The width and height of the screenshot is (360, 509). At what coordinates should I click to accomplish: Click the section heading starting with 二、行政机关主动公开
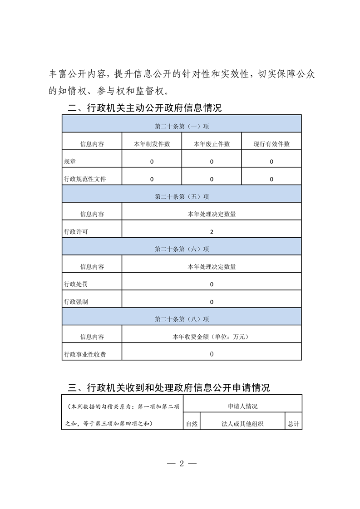point(144,108)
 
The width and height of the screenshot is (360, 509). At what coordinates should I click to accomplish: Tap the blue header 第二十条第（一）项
point(182,126)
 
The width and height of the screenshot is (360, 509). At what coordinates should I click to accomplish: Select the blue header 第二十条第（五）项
point(182,196)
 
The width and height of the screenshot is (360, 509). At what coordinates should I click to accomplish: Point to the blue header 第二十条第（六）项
point(182,249)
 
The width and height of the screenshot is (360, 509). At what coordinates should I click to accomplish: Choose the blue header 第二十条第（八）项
point(182,319)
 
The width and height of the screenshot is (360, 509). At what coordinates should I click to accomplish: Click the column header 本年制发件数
point(152,144)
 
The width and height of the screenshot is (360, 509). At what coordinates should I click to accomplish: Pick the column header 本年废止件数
point(212,144)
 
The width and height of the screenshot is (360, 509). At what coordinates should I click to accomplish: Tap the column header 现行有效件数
point(271,144)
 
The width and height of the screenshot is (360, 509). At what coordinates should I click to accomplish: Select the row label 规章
point(70,162)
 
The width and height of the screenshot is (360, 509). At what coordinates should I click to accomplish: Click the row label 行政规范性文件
point(85,179)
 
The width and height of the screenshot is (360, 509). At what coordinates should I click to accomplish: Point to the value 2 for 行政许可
point(212,232)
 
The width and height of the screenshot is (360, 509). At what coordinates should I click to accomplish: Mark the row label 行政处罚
point(76,284)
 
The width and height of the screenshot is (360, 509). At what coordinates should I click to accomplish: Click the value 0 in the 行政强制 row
point(212,302)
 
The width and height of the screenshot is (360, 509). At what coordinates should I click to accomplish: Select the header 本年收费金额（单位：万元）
point(212,337)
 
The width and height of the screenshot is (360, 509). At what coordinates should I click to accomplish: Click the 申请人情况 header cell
point(242,406)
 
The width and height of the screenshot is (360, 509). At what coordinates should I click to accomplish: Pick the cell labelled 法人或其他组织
point(242,424)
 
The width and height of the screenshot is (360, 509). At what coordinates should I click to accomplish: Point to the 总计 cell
point(293,424)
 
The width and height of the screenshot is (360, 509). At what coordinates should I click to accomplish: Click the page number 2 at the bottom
point(181,464)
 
